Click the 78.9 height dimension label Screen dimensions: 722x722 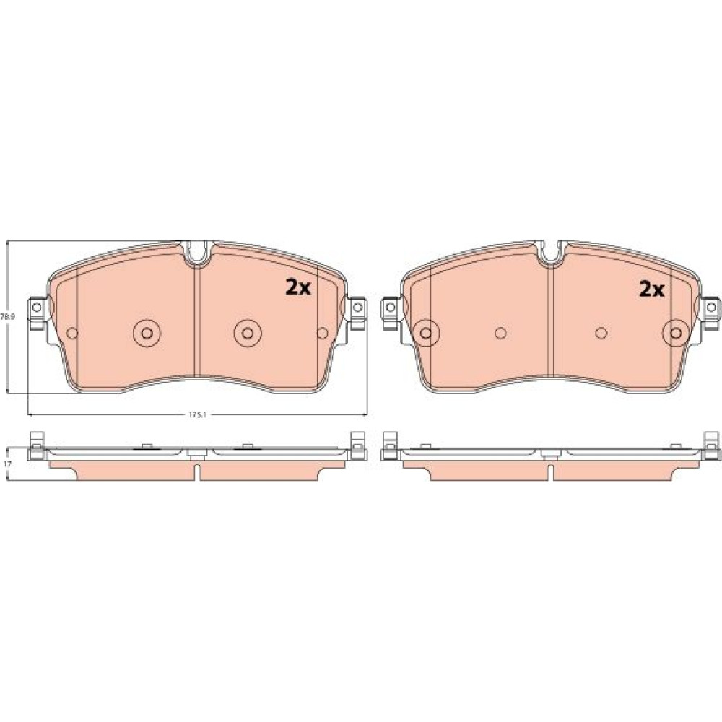coord(8,317)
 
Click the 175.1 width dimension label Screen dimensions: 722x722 coord(199,414)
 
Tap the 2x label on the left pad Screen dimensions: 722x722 coord(298,288)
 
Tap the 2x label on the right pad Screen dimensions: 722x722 coord(651,290)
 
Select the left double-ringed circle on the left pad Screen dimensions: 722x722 coord(147,332)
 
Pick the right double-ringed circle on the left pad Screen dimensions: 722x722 coord(248,332)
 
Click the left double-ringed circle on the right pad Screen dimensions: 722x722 coord(427,332)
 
